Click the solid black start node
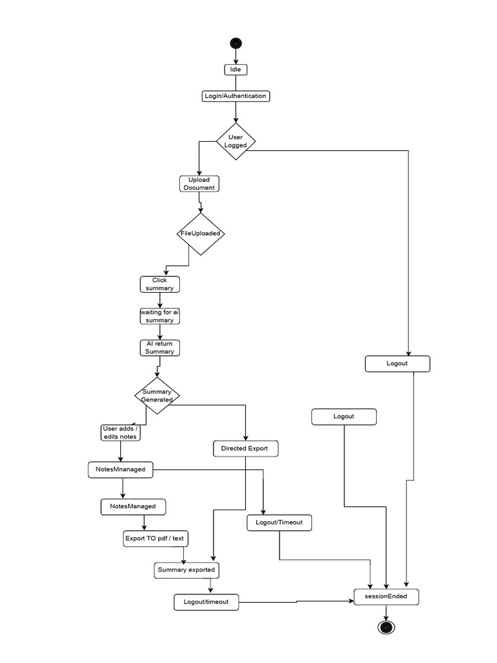coord(236,43)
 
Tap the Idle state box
coord(236,69)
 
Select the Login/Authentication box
coord(236,96)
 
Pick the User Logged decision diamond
coord(236,141)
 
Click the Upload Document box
coord(199,183)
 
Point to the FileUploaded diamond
coord(201,234)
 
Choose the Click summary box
coord(159,284)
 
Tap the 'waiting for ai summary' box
coord(159,316)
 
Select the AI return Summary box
coord(159,348)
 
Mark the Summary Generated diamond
coord(157,395)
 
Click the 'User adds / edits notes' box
coord(121,433)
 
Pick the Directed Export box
coord(245,448)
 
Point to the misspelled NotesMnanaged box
coord(120,469)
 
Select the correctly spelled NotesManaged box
coord(133,506)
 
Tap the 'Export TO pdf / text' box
coord(157,539)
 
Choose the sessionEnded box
coord(386,596)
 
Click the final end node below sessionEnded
coord(386,627)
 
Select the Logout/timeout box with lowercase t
coord(206,602)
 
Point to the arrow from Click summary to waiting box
coord(159,300)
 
